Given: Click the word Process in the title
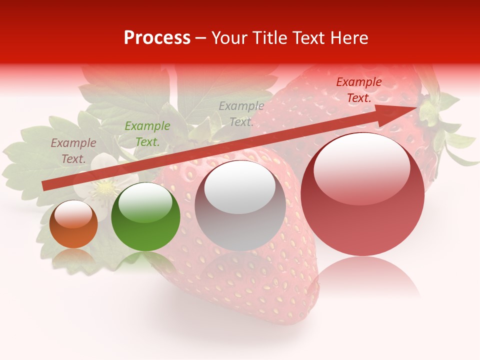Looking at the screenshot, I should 157,38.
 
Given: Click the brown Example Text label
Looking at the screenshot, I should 73,151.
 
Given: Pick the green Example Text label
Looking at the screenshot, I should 147,134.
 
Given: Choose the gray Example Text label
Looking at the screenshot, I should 241,114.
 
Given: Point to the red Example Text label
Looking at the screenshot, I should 359,90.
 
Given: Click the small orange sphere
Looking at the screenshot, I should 73,225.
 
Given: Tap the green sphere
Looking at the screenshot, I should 145,217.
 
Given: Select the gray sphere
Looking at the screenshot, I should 240,206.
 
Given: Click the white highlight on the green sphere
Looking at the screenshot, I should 145,202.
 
